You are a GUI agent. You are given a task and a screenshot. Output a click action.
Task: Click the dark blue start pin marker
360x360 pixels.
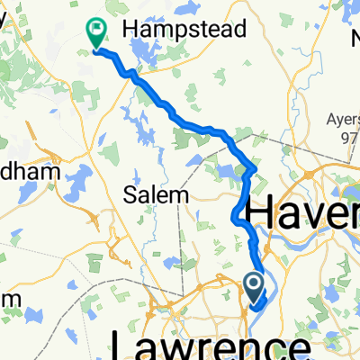click(255, 287)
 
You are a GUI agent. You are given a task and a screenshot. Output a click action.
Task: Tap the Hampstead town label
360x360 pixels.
click(184, 29)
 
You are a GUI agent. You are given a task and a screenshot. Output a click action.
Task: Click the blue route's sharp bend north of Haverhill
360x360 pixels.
click(256, 167)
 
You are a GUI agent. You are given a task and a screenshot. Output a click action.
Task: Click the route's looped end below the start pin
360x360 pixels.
click(256, 307)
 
